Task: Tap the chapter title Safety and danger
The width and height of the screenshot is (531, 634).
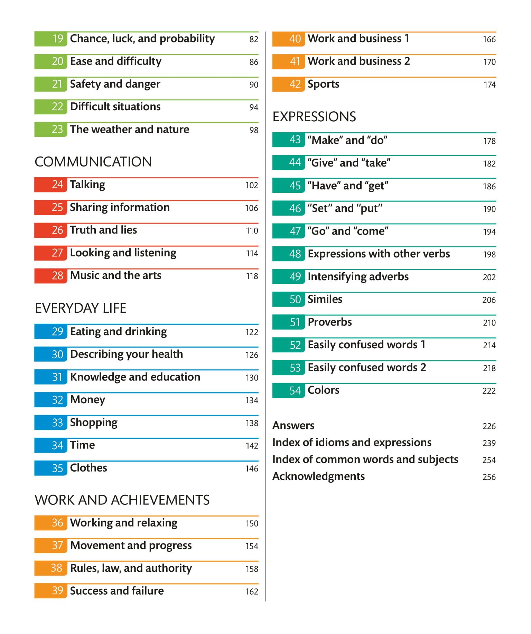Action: tap(115, 84)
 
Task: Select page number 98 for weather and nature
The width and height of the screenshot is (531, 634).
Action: tap(254, 130)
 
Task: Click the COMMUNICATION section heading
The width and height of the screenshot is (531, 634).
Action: tap(93, 162)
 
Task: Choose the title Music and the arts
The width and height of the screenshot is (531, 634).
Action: tap(115, 275)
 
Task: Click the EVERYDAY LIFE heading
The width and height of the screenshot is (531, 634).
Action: tap(81, 308)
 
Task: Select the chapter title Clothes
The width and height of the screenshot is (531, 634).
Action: tap(88, 468)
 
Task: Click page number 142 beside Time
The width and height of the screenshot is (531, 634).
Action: tap(252, 446)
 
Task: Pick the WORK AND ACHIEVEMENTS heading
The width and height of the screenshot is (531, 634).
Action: tap(122, 500)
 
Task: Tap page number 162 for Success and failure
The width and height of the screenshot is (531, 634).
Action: tap(252, 592)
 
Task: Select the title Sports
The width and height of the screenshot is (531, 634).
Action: tap(323, 84)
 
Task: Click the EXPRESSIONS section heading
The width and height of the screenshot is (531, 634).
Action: tap(314, 117)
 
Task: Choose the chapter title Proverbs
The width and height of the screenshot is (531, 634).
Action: tap(329, 322)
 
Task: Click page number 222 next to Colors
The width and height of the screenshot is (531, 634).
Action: tap(489, 391)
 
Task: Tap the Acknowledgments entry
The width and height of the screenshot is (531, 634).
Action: tap(318, 476)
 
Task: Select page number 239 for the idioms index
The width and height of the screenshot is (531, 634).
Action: tap(489, 443)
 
